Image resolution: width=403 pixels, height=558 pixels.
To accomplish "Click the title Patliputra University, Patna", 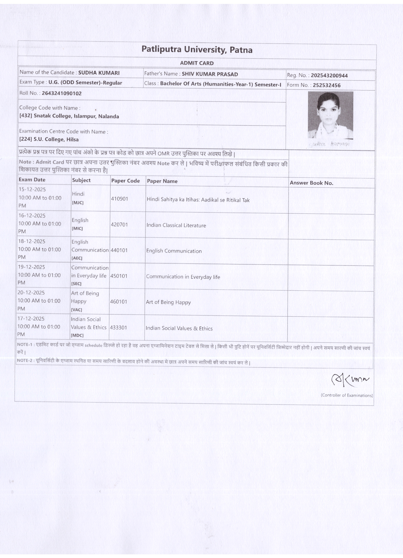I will pyautogui.click(x=197, y=50).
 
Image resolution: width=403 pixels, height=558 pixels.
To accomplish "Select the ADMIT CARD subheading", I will pyautogui.click(x=197, y=63).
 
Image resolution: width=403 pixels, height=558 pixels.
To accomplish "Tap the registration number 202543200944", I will pyautogui.click(x=329, y=76).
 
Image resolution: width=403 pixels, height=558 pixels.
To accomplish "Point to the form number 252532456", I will pyautogui.click(x=326, y=85).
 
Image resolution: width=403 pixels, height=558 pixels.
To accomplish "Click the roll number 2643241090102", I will pyautogui.click(x=62, y=93).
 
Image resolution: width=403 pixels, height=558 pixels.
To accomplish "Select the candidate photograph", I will pyautogui.click(x=330, y=115).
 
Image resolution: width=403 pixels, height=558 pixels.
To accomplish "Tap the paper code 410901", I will pyautogui.click(x=120, y=199).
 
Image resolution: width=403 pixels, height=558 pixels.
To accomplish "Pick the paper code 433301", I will pyautogui.click(x=118, y=328).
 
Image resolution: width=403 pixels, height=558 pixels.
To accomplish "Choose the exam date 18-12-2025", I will pyautogui.click(x=32, y=242).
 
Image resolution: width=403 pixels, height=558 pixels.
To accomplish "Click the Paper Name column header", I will pyautogui.click(x=162, y=181).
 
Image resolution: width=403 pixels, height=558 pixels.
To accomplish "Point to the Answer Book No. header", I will pyautogui.click(x=311, y=183).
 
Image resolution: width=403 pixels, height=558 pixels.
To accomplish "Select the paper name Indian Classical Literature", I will pyautogui.click(x=176, y=225).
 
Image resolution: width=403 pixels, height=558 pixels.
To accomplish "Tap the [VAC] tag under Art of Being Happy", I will pyautogui.click(x=77, y=310).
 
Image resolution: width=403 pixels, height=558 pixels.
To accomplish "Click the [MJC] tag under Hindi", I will pyautogui.click(x=78, y=203).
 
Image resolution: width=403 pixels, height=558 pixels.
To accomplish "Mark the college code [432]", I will pyautogui.click(x=26, y=116).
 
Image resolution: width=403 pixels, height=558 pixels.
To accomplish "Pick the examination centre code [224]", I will pyautogui.click(x=26, y=139).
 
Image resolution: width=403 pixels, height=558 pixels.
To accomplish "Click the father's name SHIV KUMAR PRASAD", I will pyautogui.click(x=210, y=74).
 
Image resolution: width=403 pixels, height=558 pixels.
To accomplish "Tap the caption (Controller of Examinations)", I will pyautogui.click(x=347, y=395).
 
